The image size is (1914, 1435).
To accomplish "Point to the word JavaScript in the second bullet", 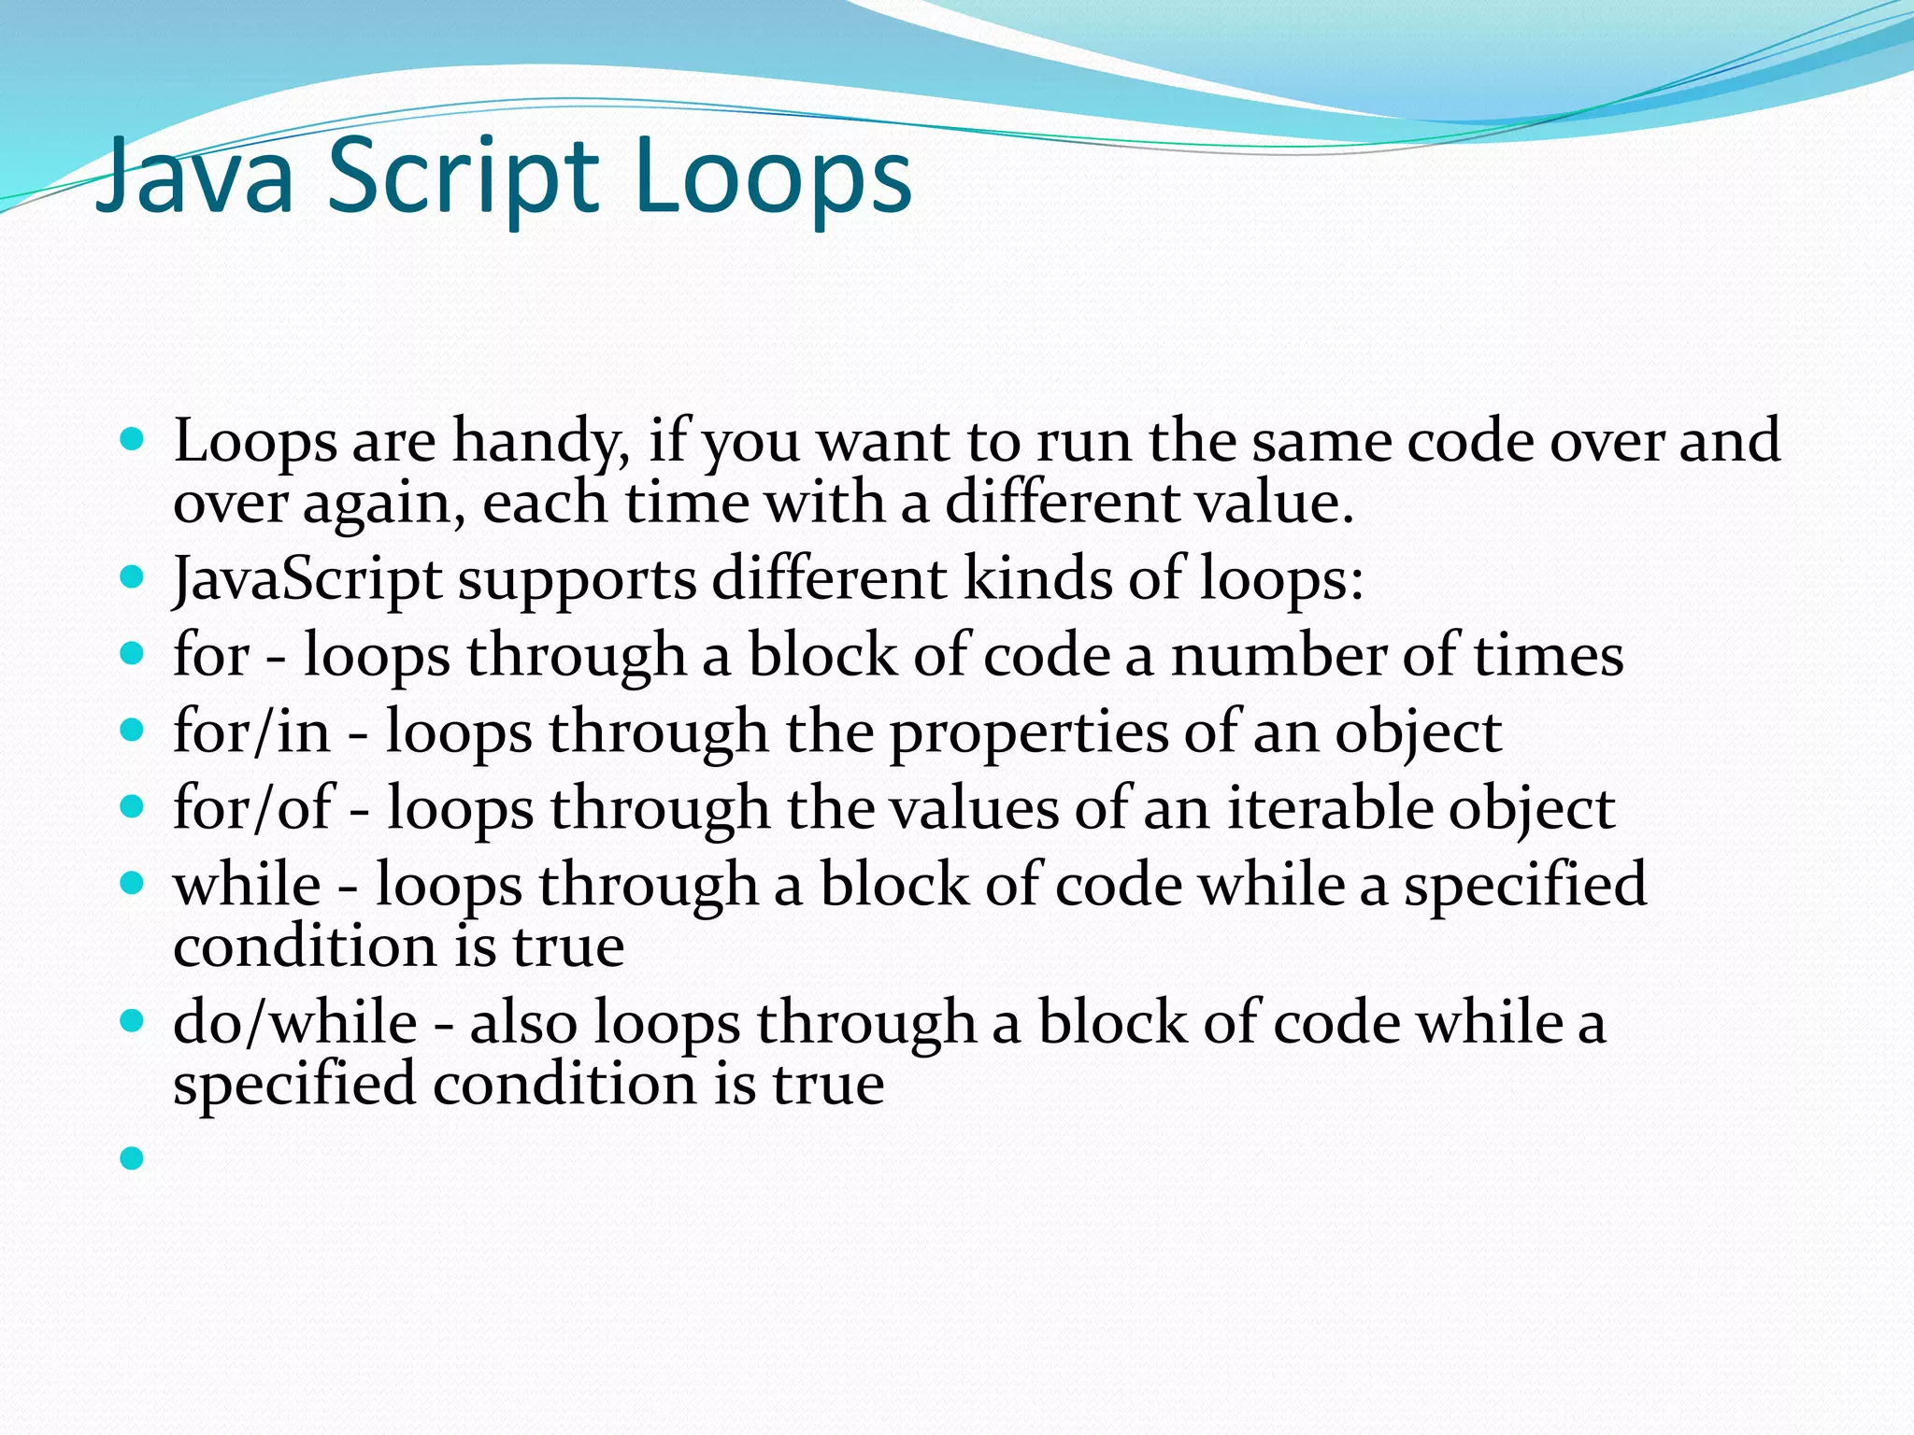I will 307,579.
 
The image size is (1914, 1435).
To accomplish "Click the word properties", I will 1028,733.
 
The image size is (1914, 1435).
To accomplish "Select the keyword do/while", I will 295,1022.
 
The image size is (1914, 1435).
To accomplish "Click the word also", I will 523,1022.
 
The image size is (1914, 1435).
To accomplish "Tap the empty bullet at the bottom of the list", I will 133,1158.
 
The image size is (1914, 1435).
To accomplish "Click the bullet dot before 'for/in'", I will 133,729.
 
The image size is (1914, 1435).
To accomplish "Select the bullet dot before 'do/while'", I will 133,1019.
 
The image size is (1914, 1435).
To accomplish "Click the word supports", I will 577,579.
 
